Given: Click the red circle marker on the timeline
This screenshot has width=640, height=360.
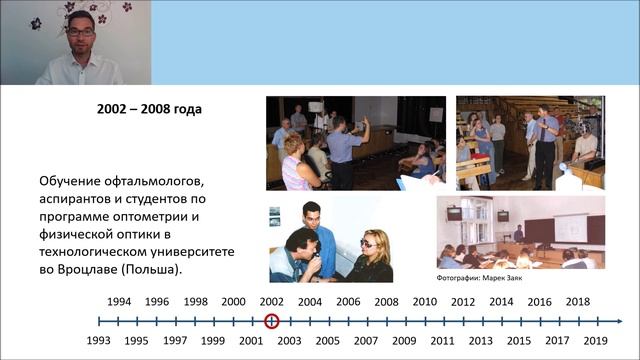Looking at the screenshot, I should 271,321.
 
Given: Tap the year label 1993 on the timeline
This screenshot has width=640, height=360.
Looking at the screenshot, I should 99,340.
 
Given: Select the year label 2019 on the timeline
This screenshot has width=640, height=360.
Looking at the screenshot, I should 595,340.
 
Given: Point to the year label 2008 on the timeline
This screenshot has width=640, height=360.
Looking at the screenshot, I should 386,302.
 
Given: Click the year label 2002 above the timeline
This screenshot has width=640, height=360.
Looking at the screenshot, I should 271,302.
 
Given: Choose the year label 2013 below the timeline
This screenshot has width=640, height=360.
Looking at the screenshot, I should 481,340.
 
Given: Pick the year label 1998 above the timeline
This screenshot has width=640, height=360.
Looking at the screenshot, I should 195,302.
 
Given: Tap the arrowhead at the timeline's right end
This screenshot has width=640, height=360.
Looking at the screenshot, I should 619,321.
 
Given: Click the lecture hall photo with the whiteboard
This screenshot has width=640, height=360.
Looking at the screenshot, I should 519,233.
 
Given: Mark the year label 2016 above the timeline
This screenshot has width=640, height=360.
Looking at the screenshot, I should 539,302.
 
